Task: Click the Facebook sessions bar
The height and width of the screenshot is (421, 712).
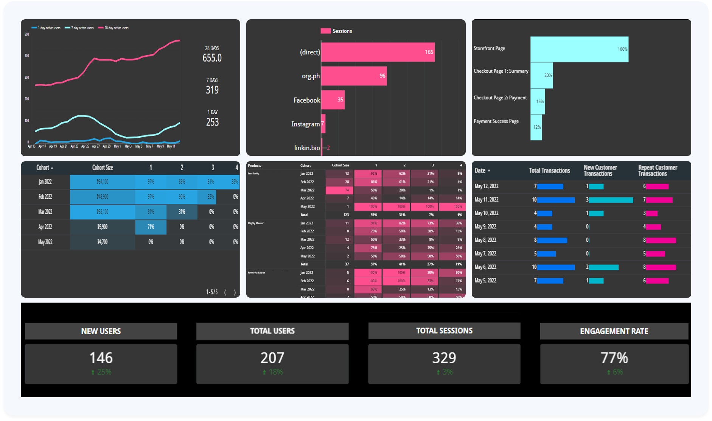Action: (333, 100)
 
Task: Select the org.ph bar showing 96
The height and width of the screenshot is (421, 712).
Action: (354, 76)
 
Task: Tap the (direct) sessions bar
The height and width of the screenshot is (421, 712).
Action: (378, 52)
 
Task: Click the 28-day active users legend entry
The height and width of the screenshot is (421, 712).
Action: (113, 28)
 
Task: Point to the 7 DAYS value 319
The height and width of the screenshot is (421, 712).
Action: (212, 90)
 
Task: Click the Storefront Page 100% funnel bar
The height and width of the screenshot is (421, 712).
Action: (579, 49)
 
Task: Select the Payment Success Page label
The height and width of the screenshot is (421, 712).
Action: (496, 121)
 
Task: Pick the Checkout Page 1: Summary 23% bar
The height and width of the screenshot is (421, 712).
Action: (541, 75)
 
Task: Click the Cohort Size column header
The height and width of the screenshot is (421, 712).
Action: (103, 168)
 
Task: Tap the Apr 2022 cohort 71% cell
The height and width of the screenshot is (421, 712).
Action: (151, 227)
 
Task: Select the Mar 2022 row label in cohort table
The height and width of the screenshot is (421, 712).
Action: (45, 212)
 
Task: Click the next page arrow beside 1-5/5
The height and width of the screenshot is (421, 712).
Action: (235, 292)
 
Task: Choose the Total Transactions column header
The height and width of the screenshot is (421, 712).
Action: (549, 171)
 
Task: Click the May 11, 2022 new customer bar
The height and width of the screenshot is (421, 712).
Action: (611, 200)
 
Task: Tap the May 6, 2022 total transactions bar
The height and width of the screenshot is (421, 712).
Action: (556, 267)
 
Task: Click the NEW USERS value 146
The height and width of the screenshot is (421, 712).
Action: (101, 358)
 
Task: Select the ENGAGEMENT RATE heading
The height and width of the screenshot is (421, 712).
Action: (614, 331)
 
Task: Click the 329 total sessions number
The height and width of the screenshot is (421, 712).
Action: (444, 358)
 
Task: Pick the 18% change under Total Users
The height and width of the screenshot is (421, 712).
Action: (275, 372)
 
